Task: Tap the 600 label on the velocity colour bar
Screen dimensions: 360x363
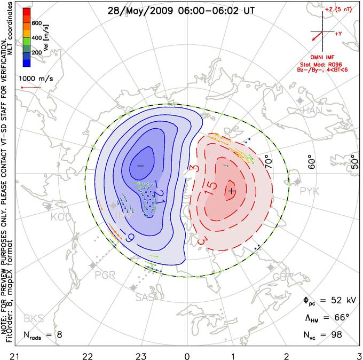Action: click(37, 24)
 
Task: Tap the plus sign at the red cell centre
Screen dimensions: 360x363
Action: click(231, 190)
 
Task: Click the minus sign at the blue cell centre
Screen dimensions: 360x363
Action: click(140, 166)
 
